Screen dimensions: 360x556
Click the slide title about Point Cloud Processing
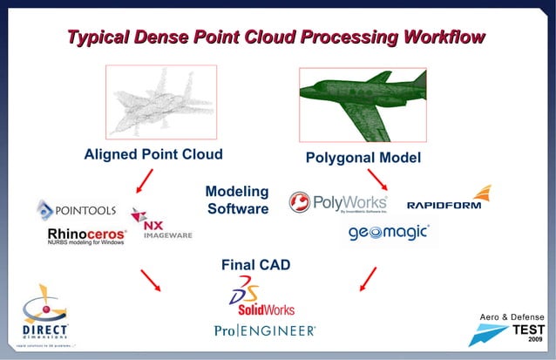pyautogui.click(x=277, y=37)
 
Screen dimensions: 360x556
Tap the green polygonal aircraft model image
pyautogui.click(x=362, y=103)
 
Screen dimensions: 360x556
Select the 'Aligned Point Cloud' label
pyautogui.click(x=153, y=155)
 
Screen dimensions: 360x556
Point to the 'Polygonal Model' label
pyautogui.click(x=363, y=158)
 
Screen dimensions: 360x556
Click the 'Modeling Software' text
pyautogui.click(x=236, y=200)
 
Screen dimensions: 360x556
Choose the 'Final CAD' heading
pyautogui.click(x=255, y=264)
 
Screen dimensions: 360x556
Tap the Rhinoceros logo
pyautogui.click(x=86, y=236)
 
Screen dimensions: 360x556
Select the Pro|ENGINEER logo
pyautogui.click(x=265, y=330)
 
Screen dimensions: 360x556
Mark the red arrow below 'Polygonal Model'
pyautogui.click(x=377, y=181)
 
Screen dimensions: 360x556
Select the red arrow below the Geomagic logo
pyautogui.click(x=368, y=279)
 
